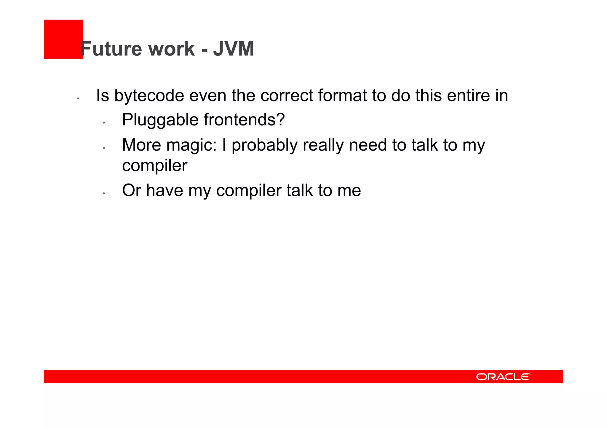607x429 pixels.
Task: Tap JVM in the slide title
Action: [234, 49]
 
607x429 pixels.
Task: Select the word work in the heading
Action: [171, 49]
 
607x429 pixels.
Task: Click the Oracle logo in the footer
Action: [503, 377]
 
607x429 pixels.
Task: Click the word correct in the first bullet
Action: [287, 96]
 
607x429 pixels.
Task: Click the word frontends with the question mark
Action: [244, 120]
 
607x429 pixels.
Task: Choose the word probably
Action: [264, 146]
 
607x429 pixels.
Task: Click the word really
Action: [323, 146]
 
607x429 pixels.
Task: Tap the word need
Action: [368, 146]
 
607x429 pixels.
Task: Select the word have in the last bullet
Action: [164, 190]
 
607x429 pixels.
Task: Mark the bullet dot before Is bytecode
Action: [78, 98]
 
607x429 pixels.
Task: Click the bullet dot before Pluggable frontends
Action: [104, 122]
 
